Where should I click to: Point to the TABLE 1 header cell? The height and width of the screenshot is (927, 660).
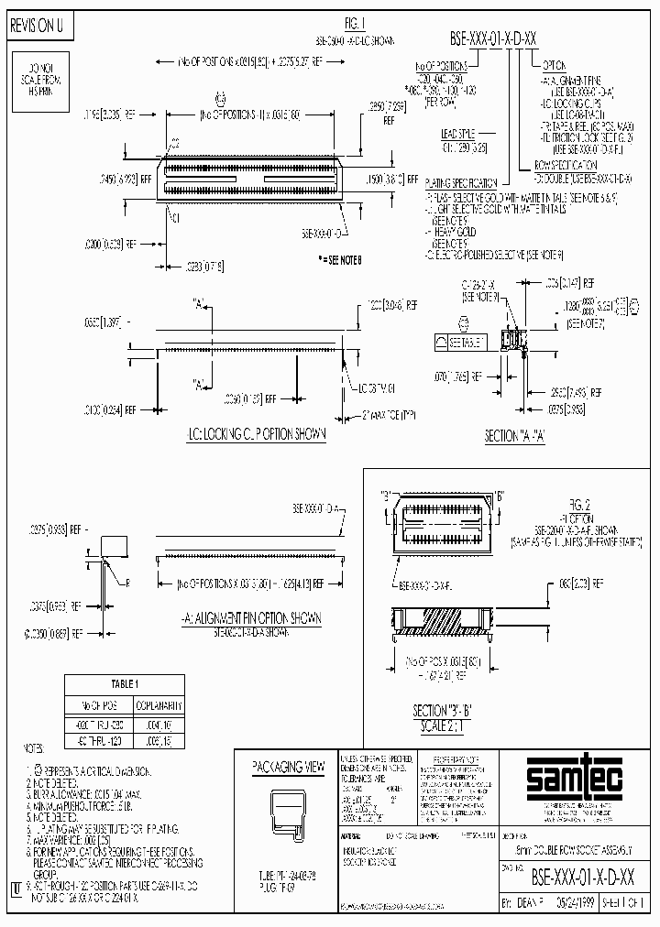click(125, 683)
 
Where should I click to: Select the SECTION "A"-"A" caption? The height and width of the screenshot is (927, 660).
click(514, 437)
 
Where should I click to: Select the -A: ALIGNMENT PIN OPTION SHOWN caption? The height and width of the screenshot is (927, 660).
click(253, 618)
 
